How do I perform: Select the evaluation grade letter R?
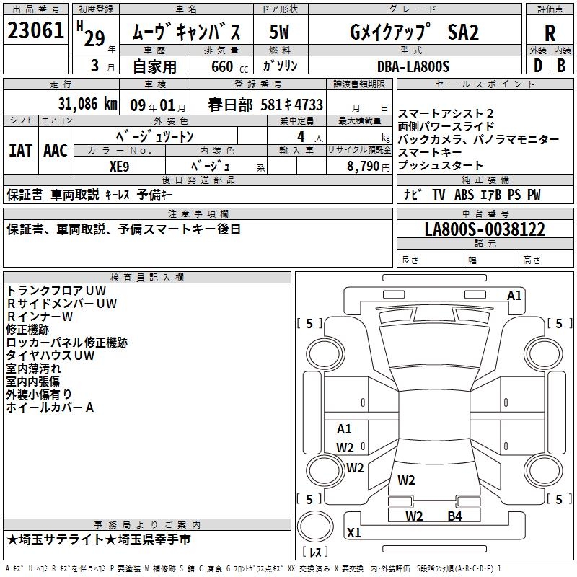[x=550, y=33]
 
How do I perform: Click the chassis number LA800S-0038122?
[x=485, y=230]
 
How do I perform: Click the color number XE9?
[x=119, y=165]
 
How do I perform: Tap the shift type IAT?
[x=20, y=151]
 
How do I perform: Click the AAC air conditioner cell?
[x=56, y=151]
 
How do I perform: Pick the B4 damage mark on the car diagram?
[x=454, y=516]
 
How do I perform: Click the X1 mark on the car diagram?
[x=353, y=533]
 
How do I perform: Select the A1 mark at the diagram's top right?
[x=514, y=296]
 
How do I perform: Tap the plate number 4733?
[x=307, y=105]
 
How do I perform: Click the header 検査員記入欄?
[x=147, y=278]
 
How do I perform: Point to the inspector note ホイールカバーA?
[x=50, y=408]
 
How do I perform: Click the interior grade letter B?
[x=560, y=66]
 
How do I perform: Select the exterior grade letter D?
[x=537, y=66]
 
